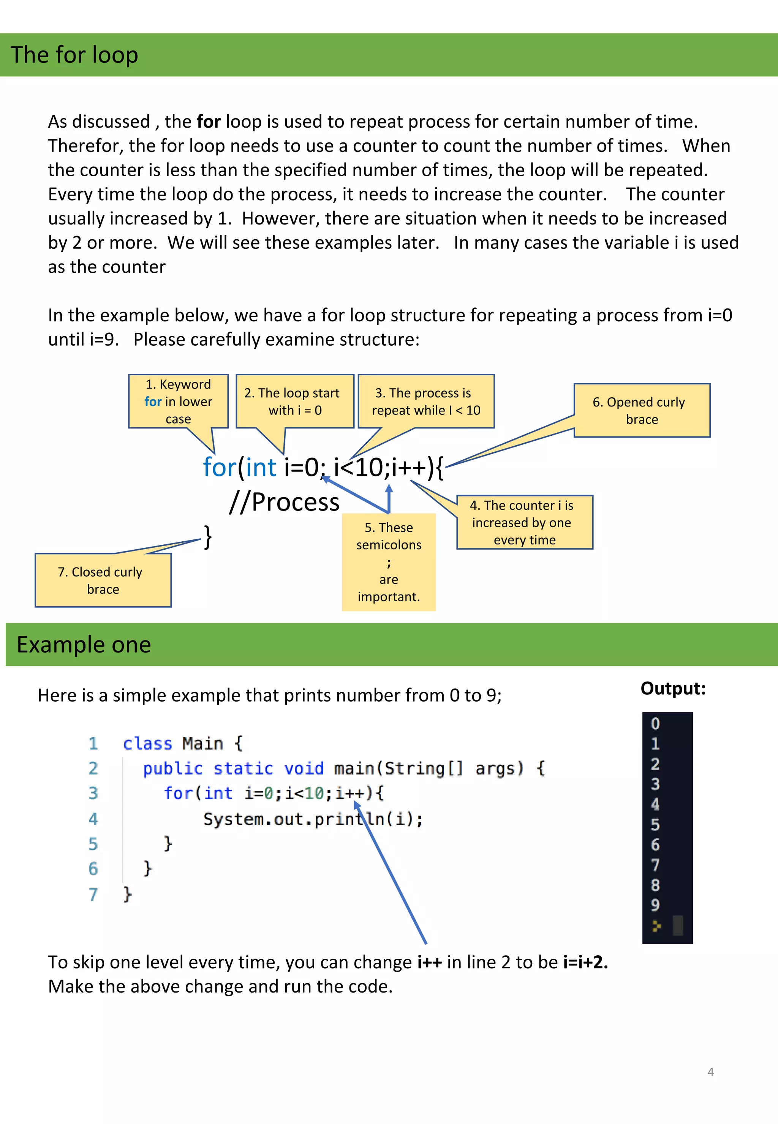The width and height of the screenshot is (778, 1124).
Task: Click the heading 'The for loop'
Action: click(74, 55)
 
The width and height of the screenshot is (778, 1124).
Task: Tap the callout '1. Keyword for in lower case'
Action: click(179, 401)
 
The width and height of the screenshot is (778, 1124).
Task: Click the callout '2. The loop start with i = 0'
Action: click(295, 401)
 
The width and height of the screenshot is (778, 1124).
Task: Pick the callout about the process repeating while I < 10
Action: click(426, 401)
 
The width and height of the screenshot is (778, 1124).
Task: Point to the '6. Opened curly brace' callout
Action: click(642, 410)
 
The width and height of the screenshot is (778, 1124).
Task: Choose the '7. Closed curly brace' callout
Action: click(103, 580)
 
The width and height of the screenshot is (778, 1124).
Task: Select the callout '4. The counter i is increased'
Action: click(525, 522)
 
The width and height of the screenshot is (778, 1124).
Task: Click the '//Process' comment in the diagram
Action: click(285, 502)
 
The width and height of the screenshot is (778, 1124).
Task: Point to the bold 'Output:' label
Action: click(673, 688)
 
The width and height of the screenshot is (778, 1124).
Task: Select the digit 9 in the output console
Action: click(655, 905)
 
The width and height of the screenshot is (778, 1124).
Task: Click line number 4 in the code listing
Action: click(93, 819)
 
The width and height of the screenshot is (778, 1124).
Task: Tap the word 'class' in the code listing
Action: click(147, 744)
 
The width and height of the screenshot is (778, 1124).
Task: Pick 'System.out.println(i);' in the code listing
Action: click(313, 819)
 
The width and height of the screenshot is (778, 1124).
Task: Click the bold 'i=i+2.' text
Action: click(585, 962)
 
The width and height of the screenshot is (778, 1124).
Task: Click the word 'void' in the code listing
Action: click(303, 769)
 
